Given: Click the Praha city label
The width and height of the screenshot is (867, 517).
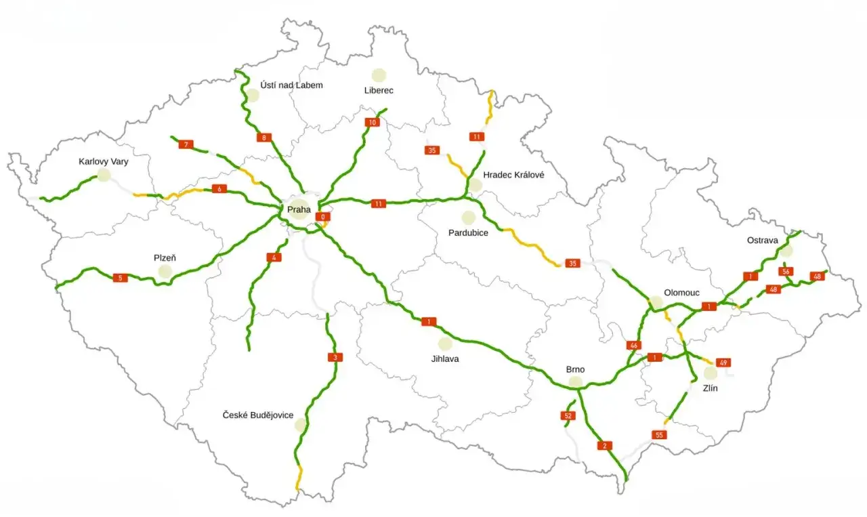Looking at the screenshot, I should [299, 210].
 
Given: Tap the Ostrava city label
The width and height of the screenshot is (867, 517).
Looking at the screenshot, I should [762, 240].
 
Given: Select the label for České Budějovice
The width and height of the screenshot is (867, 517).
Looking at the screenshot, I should [258, 415].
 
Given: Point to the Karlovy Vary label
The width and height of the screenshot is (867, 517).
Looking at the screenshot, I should [103, 162].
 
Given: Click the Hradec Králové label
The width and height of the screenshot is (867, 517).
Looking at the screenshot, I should [513, 175].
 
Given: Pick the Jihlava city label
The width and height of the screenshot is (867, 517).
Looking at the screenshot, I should [444, 358].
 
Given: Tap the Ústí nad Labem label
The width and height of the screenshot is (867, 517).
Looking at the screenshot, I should [291, 85].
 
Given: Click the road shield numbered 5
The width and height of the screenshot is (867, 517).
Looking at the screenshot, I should [120, 278].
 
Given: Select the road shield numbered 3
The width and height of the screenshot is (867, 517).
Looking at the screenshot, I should [334, 357].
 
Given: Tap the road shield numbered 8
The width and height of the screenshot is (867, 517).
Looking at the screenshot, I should [264, 138].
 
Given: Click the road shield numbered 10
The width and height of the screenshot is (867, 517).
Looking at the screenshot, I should [372, 123].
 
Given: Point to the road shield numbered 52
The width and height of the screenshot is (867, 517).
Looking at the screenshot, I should [568, 415].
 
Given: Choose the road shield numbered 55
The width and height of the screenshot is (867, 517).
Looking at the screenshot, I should [659, 435].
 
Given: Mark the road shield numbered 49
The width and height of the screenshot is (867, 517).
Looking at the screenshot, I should [723, 363].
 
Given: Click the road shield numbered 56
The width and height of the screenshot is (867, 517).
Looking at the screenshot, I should [785, 272].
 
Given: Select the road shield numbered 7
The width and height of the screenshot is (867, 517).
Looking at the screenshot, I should [185, 144].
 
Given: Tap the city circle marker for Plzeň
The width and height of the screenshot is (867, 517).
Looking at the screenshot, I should [165, 272].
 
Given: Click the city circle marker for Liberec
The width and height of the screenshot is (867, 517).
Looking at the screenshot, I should [379, 75].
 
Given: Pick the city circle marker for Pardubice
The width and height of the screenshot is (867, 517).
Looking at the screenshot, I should [468, 218].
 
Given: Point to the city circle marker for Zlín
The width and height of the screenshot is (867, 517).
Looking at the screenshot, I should [710, 373].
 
